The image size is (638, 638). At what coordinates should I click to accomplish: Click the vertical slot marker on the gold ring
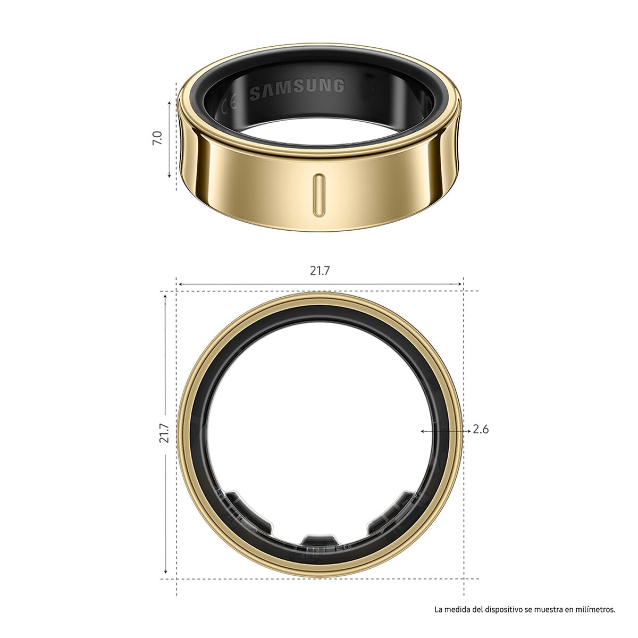(318, 194)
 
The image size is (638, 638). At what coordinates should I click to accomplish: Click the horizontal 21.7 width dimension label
(320, 270)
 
